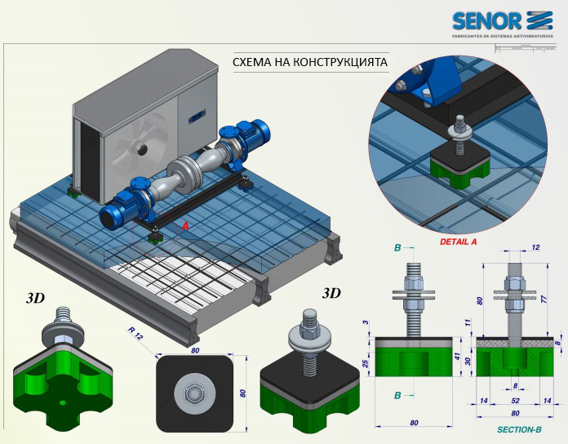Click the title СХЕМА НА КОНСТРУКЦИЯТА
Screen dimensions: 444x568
pos(309,61)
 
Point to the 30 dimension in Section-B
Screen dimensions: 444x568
pos(467,362)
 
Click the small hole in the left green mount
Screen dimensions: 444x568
pos(63,403)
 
